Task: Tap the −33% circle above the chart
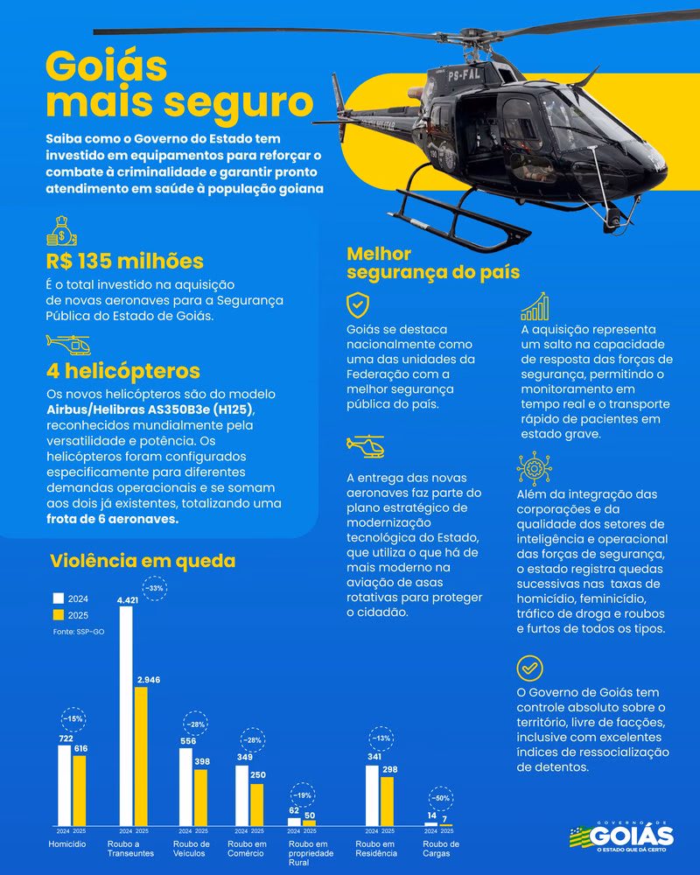[155, 588]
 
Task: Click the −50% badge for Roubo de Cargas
[442, 798]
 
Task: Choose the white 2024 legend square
[59, 599]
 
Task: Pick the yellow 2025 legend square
[59, 615]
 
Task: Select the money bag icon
[62, 231]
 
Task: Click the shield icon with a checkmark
[358, 304]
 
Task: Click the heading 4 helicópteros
[123, 369]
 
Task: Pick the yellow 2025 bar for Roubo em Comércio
[256, 804]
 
